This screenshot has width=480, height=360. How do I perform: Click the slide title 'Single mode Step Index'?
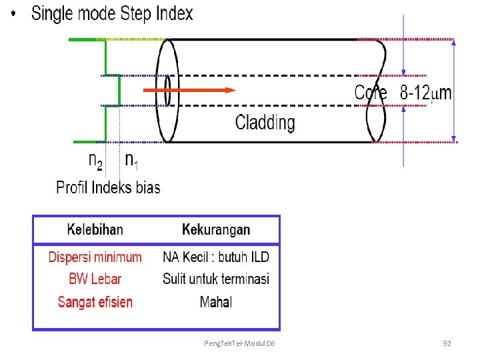point(112,13)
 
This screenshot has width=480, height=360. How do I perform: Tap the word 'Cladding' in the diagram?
point(265,122)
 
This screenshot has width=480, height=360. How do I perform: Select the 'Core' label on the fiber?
point(370,93)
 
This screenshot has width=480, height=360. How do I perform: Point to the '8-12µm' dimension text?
point(425,93)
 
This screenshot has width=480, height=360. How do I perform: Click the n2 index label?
point(96,160)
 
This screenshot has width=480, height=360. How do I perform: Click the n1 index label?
point(132,160)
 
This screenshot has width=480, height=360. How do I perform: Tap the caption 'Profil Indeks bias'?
point(108,187)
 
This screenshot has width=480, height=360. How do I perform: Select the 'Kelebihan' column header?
point(95,230)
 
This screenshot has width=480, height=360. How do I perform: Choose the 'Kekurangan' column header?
point(216,230)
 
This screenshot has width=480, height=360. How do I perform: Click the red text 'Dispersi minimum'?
point(95,257)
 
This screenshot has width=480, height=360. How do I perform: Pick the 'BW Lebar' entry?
point(95,279)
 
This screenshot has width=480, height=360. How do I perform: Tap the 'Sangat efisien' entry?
point(95,302)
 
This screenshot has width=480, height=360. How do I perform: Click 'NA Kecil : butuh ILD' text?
point(216,257)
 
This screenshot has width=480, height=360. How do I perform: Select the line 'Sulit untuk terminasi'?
point(216,279)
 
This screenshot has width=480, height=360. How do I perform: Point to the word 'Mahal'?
point(216,302)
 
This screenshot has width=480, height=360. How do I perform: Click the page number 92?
point(447,343)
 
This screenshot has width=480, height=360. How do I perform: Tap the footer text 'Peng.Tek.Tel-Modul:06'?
point(242,343)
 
